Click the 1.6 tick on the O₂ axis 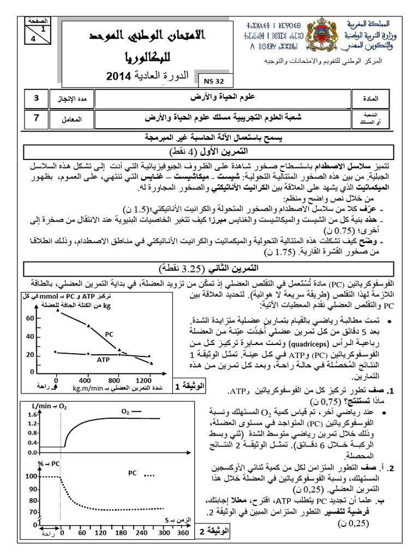(30, 416)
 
